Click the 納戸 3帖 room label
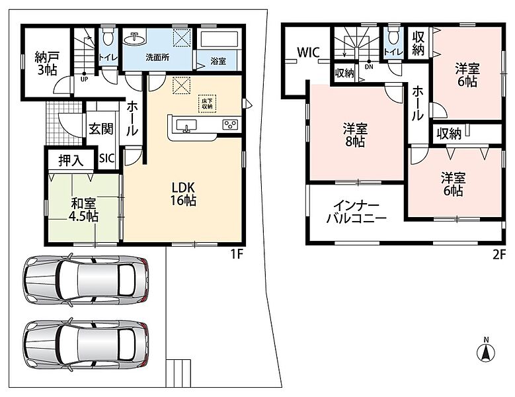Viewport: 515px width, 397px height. [48, 63]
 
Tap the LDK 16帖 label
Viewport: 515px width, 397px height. [183, 194]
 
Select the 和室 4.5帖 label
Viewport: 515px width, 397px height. [83, 210]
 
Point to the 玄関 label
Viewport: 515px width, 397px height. [101, 129]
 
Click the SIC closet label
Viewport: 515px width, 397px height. [107, 158]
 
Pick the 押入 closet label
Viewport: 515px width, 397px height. [71, 161]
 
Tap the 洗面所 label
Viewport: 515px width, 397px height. [157, 58]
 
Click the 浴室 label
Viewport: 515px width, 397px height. [218, 61]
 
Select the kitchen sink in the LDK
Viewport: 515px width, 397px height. [186, 126]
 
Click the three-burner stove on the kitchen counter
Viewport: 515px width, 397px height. [230, 124]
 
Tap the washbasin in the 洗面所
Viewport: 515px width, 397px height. [135, 38]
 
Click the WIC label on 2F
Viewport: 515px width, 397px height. [309, 52]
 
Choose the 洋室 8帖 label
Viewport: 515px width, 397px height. [355, 135]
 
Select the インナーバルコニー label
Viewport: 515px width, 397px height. [356, 212]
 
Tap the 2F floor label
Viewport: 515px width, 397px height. [498, 255]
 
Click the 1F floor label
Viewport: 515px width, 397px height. [237, 254]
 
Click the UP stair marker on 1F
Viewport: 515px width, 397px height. [85, 77]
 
